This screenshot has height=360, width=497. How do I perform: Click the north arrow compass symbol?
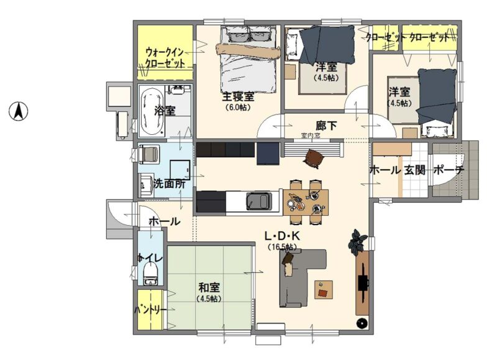tap(18, 111)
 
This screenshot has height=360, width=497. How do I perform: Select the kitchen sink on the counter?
tap(259, 201)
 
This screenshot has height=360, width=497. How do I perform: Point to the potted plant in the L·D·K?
tap(358, 242)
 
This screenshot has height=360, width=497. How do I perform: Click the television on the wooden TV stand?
tap(363, 282)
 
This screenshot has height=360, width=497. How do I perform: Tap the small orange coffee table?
tap(324, 289)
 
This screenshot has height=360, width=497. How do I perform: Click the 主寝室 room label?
tap(238, 97)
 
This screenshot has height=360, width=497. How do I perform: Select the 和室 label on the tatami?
tap(209, 288)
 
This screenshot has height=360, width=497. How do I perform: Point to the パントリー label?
tap(150, 310)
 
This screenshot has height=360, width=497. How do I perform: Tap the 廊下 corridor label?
tap(327, 126)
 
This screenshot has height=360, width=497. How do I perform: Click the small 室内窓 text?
tap(311, 136)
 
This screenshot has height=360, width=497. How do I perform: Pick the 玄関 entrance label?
tap(415, 170)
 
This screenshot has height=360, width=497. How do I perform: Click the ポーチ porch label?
tap(449, 170)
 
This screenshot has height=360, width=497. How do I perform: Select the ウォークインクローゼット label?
tap(165, 57)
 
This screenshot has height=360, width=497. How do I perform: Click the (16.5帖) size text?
tap(282, 246)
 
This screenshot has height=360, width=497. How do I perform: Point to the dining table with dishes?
tap(306, 202)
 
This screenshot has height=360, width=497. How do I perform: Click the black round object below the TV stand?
tap(362, 323)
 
